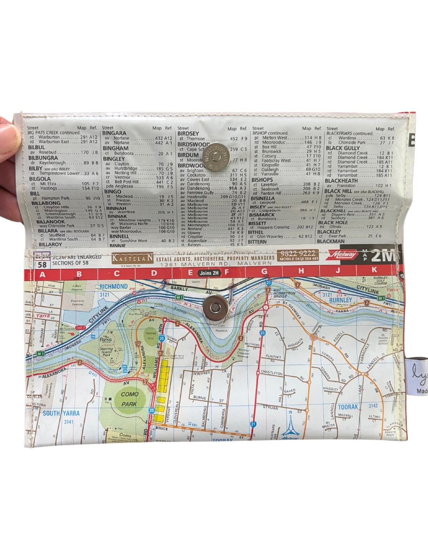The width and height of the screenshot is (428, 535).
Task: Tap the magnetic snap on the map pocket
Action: pos(215,307)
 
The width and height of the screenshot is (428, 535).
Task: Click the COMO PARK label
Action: pos(130,399)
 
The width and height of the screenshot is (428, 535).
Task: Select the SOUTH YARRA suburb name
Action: pos(61,413)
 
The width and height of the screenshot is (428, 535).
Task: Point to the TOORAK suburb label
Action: pos(348,407)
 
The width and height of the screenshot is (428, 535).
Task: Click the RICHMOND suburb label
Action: pos(113,287)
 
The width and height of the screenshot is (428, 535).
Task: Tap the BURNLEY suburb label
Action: pos(340,300)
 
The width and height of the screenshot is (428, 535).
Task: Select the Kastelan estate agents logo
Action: pos(132,258)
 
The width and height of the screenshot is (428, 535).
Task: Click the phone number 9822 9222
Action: pos(298,253)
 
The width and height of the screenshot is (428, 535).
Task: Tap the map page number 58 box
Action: pos(42,264)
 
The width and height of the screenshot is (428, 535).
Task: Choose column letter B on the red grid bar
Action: pos(79,273)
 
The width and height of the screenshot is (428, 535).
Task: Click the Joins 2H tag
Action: pos(209,273)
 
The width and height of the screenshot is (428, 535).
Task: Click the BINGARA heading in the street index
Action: pos(114,133)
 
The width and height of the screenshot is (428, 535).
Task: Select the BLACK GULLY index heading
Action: pos(342,148)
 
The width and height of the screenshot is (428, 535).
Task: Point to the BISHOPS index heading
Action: pos(262,180)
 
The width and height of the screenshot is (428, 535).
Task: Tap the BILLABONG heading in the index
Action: pos(46,203)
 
